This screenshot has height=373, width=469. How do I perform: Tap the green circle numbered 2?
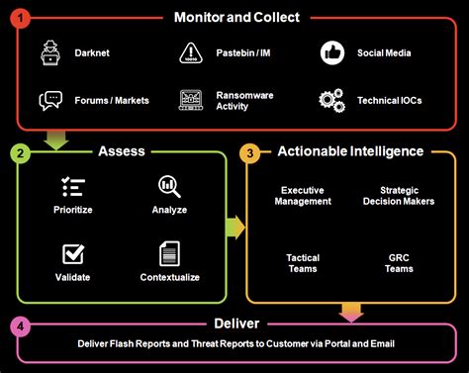[x=20, y=152]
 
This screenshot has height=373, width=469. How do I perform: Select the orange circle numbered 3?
[x=252, y=152]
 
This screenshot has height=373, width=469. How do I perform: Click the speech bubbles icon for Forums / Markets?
[x=50, y=100]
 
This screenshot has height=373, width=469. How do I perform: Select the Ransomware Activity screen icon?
[x=191, y=100]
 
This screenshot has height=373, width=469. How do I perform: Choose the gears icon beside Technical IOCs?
[x=330, y=100]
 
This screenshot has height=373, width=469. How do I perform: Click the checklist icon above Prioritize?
[x=72, y=187]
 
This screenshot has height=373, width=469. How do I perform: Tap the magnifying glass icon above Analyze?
[x=169, y=186]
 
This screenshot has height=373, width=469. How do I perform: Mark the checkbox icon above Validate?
[x=72, y=253]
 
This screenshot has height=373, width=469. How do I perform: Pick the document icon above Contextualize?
[x=169, y=253]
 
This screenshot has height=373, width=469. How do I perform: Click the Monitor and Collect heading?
[x=236, y=18]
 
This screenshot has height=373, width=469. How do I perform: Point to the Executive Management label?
[x=303, y=195]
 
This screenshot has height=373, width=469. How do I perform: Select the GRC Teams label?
[x=400, y=262]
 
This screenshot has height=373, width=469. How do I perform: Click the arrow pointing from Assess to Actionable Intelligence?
[x=234, y=228]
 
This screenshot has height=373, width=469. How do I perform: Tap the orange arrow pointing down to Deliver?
[x=351, y=313]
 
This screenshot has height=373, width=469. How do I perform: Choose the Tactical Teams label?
[x=303, y=262]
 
